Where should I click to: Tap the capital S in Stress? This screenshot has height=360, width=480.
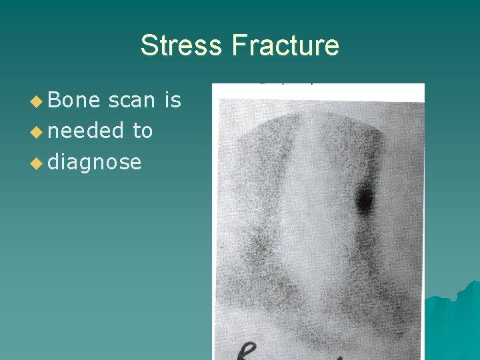tap(148, 46)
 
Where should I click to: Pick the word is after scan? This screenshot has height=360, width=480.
tap(173, 100)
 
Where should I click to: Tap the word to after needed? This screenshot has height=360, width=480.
tap(143, 131)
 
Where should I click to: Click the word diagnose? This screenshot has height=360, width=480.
tap(94, 162)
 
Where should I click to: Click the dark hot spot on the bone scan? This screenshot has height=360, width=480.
tap(365, 198)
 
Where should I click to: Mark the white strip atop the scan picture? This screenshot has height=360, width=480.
tap(318, 92)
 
